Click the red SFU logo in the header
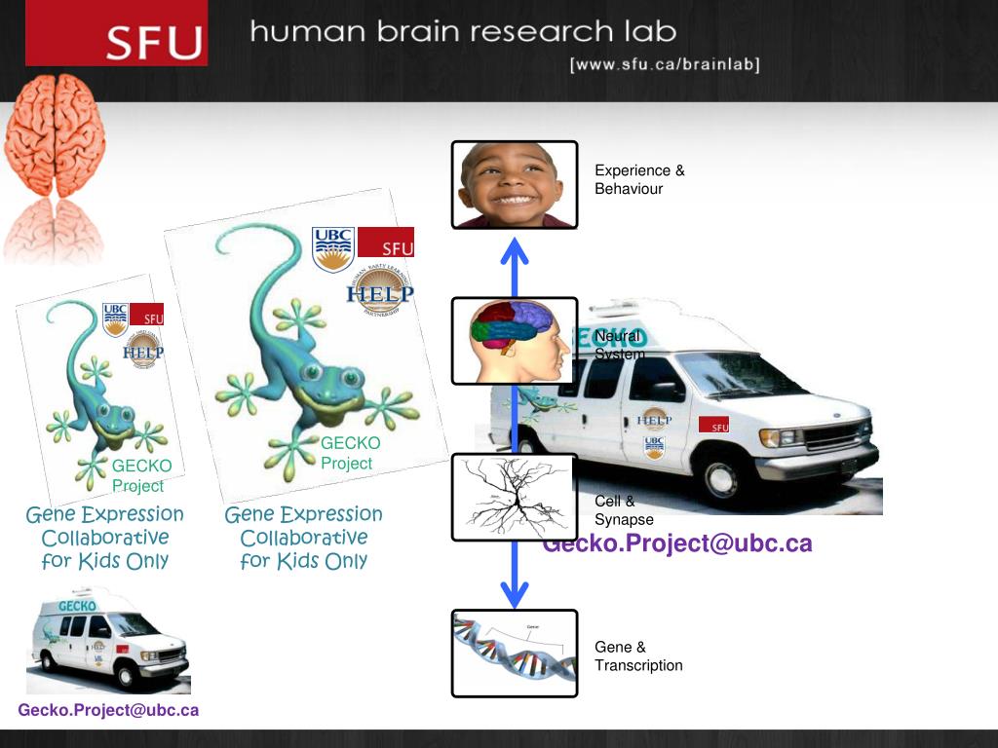[116, 33]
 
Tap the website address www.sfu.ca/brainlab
[664, 64]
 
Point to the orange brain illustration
[55, 136]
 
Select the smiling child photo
[514, 185]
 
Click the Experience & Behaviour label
[639, 179]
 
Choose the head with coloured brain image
[514, 340]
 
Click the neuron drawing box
[514, 497]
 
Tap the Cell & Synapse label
[624, 510]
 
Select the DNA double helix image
[514, 653]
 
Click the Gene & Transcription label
[638, 656]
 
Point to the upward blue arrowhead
[514, 250]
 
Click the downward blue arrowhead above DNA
[514, 590]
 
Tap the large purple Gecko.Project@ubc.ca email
[677, 543]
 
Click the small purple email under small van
[108, 710]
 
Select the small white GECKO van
[107, 642]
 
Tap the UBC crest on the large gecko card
[332, 249]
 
